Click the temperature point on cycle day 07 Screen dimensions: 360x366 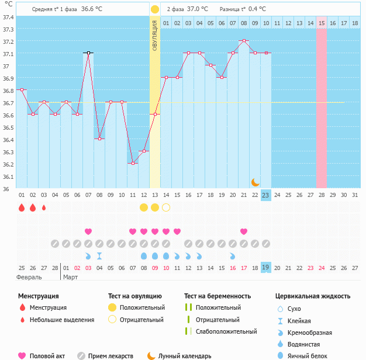point(88,53)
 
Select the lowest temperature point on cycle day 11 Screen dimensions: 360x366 point(133,163)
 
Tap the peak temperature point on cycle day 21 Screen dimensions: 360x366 point(244,40)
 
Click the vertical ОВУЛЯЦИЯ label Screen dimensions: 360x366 point(155,35)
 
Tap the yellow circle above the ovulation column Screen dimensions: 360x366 point(154,9)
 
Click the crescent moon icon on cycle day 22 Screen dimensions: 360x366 point(255,182)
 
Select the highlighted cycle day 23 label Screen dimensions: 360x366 point(266,195)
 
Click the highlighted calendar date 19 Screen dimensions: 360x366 point(266,267)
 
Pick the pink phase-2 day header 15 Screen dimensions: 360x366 point(322,23)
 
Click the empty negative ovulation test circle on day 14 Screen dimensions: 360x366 point(166,207)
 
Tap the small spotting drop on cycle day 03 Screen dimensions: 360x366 point(44,207)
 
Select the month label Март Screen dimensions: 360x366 point(70,277)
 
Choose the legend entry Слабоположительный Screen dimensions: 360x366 point(226,331)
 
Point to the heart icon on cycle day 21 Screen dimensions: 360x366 point(244,231)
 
